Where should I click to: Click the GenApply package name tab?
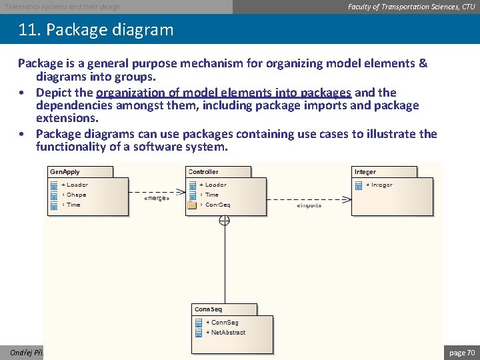click(65, 172)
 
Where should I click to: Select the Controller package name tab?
click(203, 172)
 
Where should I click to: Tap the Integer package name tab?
click(365, 172)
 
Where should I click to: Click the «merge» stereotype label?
click(157, 198)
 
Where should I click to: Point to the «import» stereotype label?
click(309, 206)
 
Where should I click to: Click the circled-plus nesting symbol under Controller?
click(225, 221)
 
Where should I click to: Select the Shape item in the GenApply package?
click(76, 195)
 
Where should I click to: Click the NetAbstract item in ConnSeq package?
click(225, 332)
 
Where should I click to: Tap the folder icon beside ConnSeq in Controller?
click(192, 205)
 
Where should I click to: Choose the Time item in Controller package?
click(212, 195)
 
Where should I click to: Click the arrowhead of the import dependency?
click(348, 198)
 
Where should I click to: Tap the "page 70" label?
click(462, 352)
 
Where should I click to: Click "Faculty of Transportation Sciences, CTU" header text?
click(411, 7)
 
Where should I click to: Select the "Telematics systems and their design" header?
click(63, 7)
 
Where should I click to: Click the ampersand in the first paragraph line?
click(423, 64)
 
